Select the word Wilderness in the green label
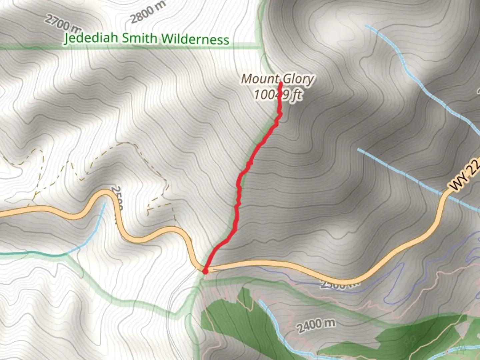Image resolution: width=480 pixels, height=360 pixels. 195,40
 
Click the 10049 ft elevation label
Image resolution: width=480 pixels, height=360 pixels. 278,95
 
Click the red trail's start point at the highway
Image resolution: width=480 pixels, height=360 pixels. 205,271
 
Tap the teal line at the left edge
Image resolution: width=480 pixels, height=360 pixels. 20,253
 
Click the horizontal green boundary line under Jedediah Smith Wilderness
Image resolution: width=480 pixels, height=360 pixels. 133,48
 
